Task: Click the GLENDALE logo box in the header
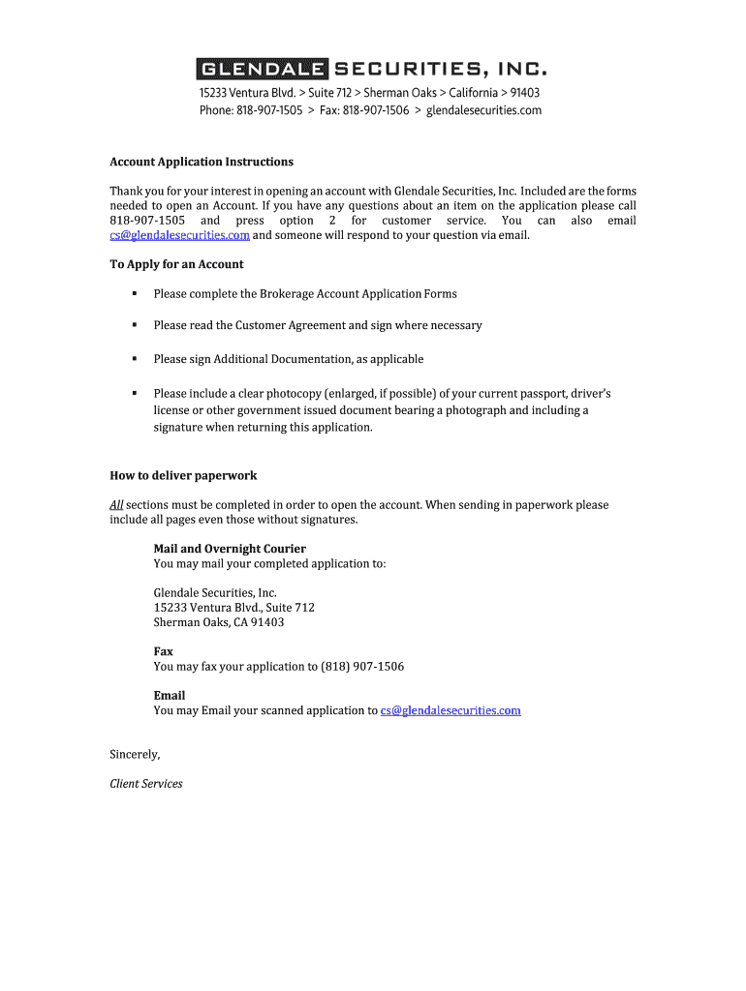(x=263, y=70)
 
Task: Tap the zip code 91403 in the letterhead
(x=525, y=93)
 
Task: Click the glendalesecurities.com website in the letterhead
(x=483, y=110)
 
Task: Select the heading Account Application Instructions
(x=202, y=162)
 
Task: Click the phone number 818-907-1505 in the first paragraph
(x=147, y=221)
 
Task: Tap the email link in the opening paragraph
(x=179, y=235)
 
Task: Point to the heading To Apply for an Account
(x=176, y=264)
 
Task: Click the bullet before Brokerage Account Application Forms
(x=134, y=293)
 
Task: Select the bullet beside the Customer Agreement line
(x=134, y=325)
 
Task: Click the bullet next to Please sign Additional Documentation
(x=134, y=359)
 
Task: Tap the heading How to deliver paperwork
(x=183, y=476)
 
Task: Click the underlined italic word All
(x=116, y=505)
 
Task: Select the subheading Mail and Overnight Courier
(x=230, y=549)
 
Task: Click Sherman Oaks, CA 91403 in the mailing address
(x=219, y=622)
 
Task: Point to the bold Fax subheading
(x=163, y=652)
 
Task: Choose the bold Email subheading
(x=169, y=696)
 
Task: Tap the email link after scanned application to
(x=451, y=710)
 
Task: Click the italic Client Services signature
(x=146, y=784)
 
